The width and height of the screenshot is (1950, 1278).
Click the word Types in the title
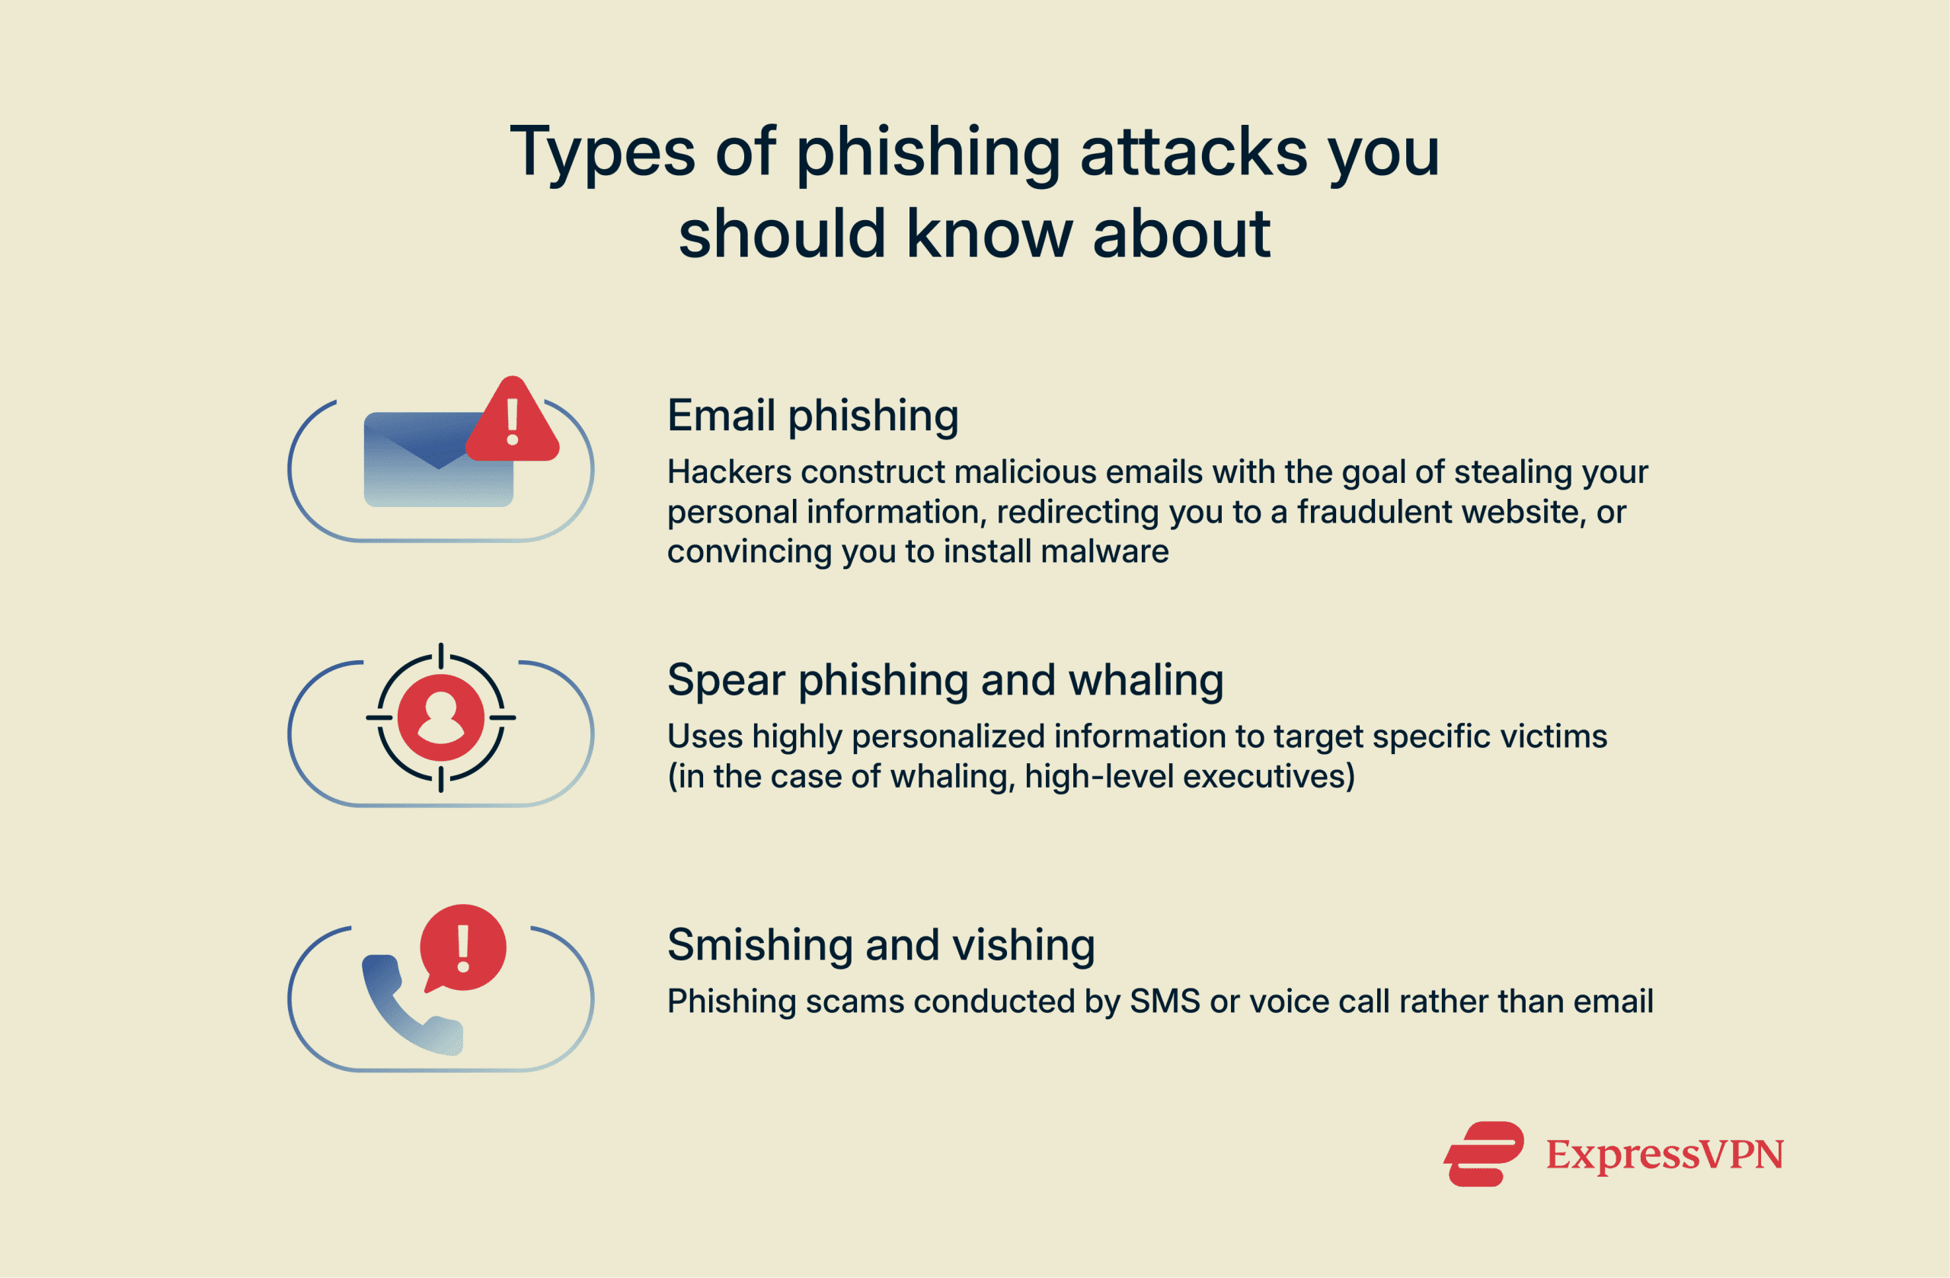tap(603, 153)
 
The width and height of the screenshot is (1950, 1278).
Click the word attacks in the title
tap(1193, 153)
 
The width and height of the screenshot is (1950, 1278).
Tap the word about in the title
tap(1181, 235)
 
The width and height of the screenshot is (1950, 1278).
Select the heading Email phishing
tap(812, 415)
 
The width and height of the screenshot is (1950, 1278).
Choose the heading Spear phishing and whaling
tap(945, 680)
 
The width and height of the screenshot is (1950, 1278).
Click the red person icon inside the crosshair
tap(441, 718)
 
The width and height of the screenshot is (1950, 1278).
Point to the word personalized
tap(948, 736)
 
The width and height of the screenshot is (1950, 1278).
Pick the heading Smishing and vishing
tap(881, 944)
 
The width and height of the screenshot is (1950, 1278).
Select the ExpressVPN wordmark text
tap(1664, 1155)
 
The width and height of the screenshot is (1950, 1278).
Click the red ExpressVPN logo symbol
tap(1484, 1154)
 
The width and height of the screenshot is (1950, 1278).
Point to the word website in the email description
tap(1523, 512)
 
